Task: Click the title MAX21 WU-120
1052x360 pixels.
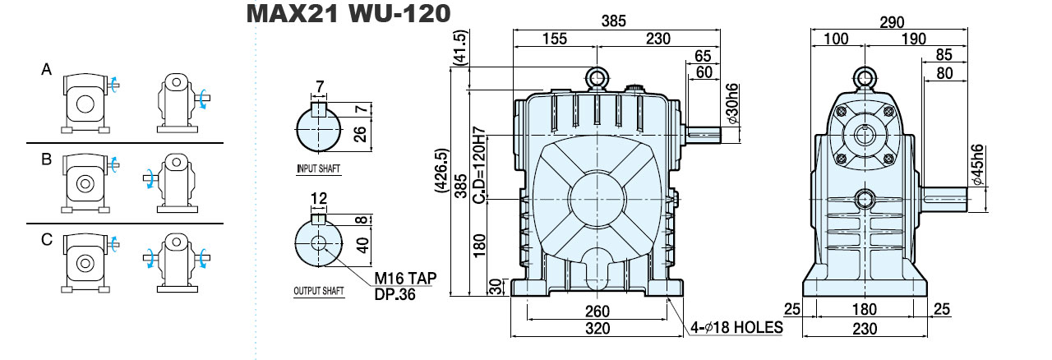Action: [x=348, y=14]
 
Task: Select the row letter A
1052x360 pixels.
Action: [x=47, y=70]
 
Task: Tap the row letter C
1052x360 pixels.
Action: [x=47, y=240]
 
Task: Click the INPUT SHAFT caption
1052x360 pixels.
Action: [x=318, y=168]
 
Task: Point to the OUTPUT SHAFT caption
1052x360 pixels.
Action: [x=319, y=291]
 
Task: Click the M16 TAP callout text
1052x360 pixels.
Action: [x=405, y=279]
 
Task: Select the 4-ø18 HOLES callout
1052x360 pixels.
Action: [x=736, y=327]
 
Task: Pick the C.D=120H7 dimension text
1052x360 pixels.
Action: [x=478, y=165]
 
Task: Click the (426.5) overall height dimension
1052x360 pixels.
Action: [x=442, y=171]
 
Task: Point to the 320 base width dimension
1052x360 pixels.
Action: [x=598, y=328]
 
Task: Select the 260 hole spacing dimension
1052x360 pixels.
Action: [x=598, y=312]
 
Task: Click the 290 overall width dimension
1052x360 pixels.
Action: [x=892, y=22]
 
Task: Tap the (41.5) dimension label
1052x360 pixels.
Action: [x=462, y=47]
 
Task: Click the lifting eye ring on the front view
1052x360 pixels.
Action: [x=597, y=77]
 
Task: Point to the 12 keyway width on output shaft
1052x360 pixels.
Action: [x=318, y=198]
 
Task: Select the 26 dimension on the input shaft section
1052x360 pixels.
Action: [x=360, y=135]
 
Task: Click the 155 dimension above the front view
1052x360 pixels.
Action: [x=555, y=39]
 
